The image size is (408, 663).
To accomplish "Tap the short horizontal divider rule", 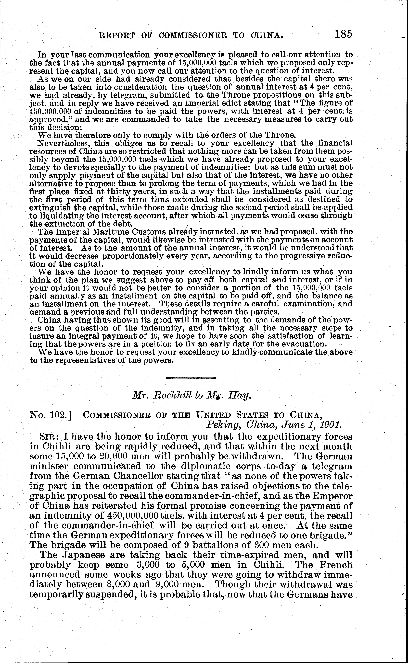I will [191, 378].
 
